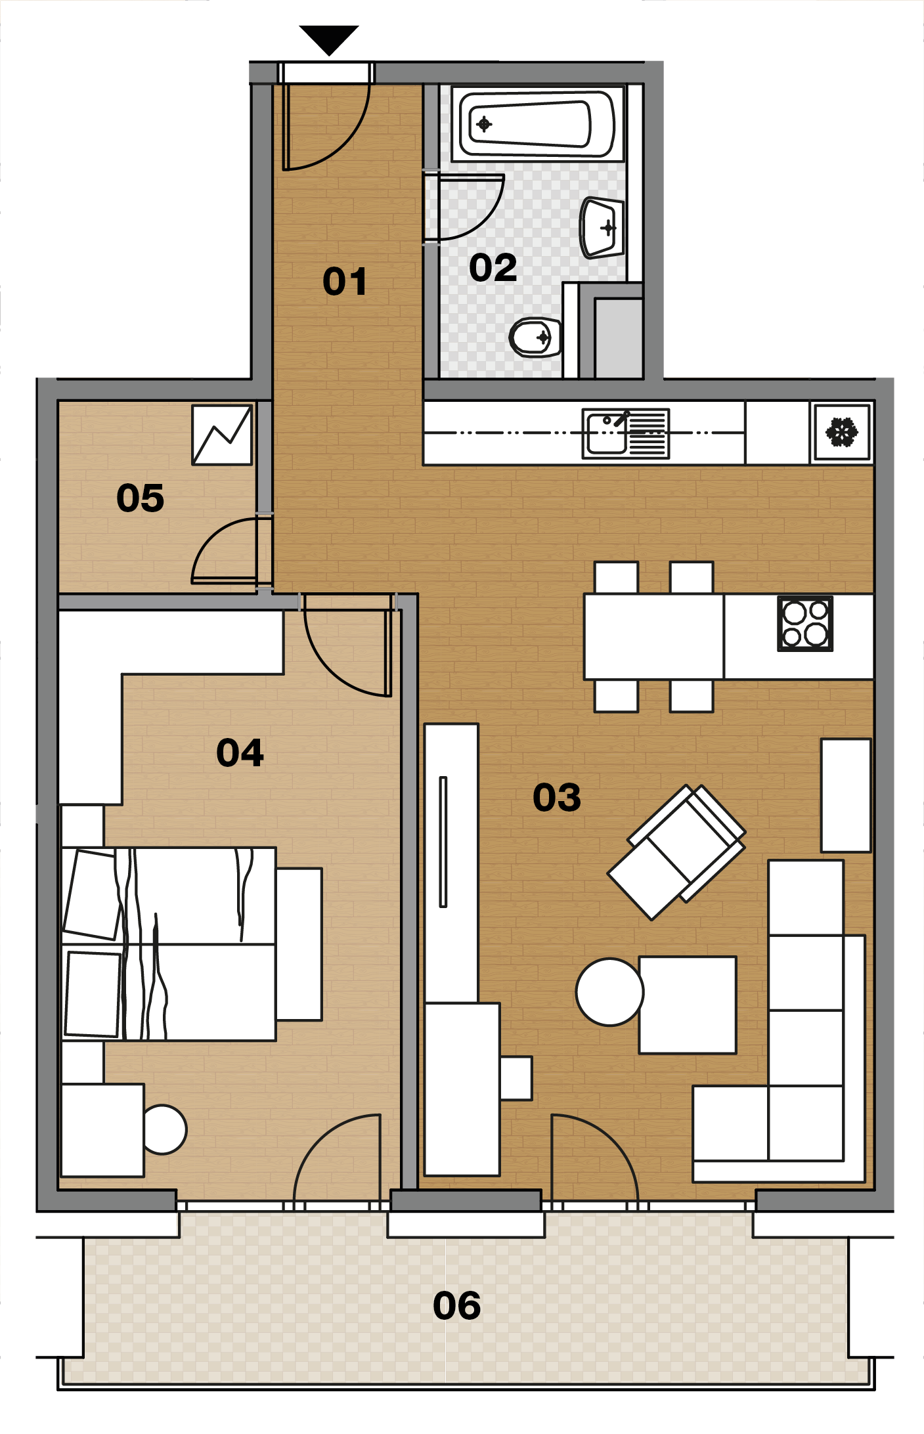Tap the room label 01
tap(345, 282)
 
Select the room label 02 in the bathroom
tap(493, 268)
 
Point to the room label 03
tap(557, 797)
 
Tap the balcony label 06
tap(457, 1305)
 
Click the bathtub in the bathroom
tap(537, 124)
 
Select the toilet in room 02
tap(535, 337)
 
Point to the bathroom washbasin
tap(602, 227)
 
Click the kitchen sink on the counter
tap(626, 433)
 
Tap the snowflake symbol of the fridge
tap(842, 432)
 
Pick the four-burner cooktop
tap(805, 623)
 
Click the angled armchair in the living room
tap(676, 852)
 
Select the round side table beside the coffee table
tap(609, 991)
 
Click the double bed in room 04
tap(169, 944)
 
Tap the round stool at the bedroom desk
tap(164, 1129)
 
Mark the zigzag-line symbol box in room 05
tap(222, 435)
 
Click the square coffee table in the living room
tap(688, 1005)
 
